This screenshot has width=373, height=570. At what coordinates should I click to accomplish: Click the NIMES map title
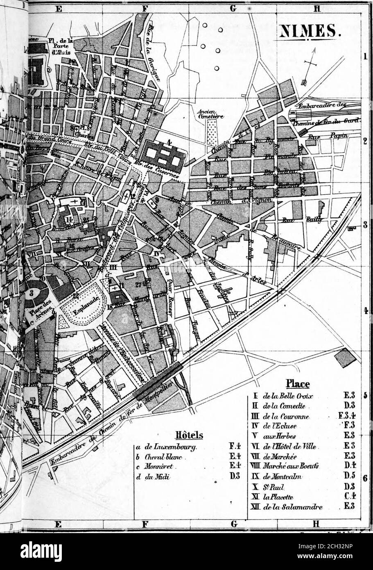[310, 31]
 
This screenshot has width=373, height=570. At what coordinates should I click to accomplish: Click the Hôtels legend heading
[186, 435]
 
